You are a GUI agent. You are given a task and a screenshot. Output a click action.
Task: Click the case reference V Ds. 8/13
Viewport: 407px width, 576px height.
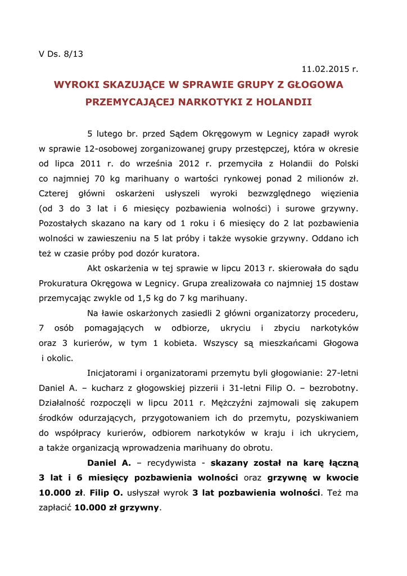coord(61,54)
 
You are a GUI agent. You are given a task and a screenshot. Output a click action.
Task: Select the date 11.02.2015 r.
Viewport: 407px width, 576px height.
coord(329,69)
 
